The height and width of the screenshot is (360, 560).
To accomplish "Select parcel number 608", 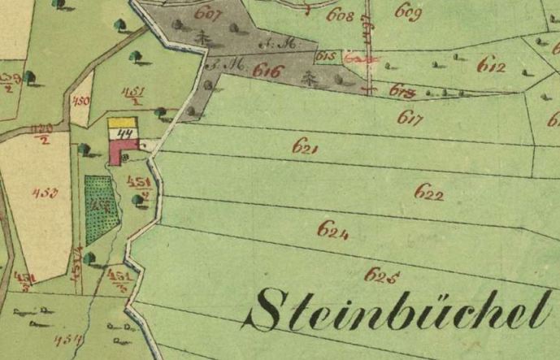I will click(340, 15).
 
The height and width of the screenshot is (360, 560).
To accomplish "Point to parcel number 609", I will click(408, 11).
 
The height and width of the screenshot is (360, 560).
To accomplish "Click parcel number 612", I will click(492, 65).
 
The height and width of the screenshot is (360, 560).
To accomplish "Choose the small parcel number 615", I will click(326, 56).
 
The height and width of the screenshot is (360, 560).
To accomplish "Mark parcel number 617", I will click(410, 118).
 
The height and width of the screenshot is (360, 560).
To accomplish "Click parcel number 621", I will click(305, 148).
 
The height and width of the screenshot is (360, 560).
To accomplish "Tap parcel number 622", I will click(428, 193).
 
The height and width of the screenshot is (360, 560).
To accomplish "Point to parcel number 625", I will click(380, 275).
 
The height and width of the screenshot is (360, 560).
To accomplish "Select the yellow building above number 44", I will click(122, 124).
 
